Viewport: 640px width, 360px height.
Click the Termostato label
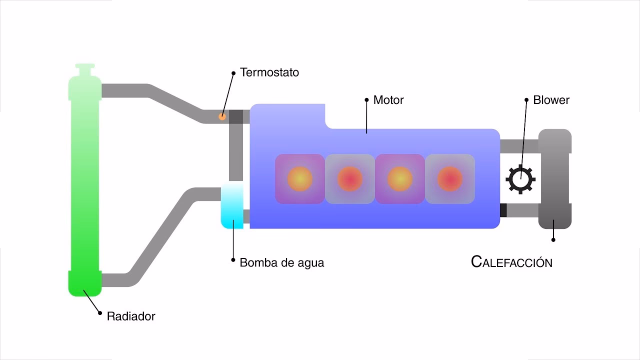click(269, 72)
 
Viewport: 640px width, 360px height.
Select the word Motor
click(388, 100)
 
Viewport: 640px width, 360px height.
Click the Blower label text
click(551, 100)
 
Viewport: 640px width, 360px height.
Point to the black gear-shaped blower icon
click(520, 179)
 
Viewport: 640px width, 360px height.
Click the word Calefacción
click(511, 262)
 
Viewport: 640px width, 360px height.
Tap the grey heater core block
click(554, 179)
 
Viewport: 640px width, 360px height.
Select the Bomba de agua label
click(281, 262)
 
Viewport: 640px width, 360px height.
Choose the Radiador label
click(131, 316)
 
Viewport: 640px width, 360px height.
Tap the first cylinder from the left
click(299, 178)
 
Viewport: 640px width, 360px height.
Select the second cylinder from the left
click(349, 178)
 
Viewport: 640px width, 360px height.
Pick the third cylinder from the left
click(399, 178)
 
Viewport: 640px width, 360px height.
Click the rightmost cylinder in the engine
click(449, 178)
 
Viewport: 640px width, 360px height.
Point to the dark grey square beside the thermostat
click(236, 116)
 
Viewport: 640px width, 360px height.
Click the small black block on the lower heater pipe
click(503, 210)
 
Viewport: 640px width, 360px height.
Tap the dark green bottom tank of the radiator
click(85, 283)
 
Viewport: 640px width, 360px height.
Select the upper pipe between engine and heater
click(518, 146)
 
